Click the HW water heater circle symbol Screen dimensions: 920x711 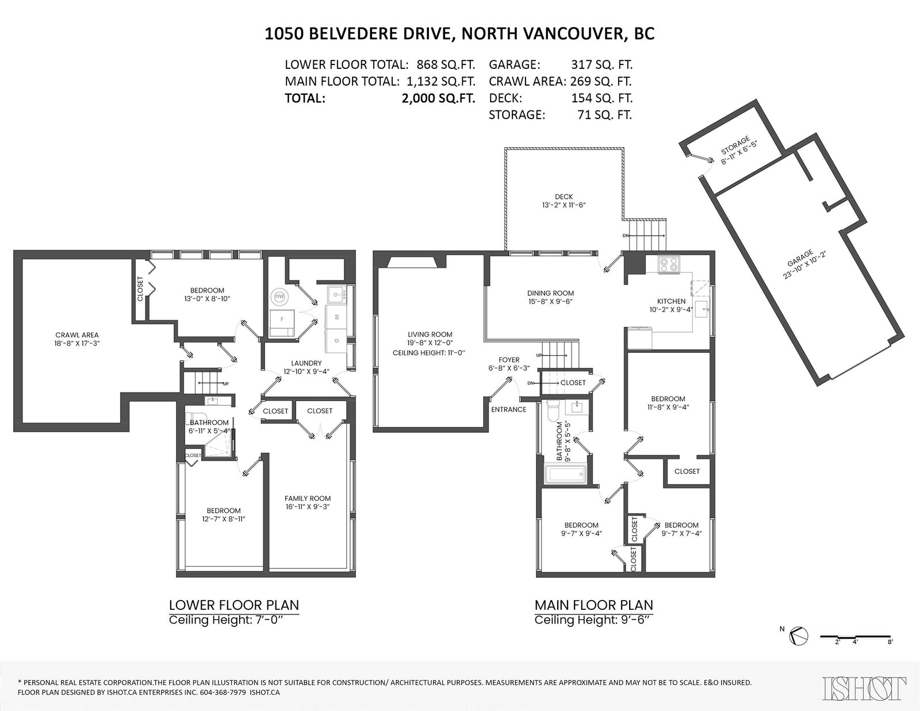tap(279, 297)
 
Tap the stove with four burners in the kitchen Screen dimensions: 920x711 tap(669, 265)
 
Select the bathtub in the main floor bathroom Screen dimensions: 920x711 tap(565, 474)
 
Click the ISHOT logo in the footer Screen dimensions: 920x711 tap(864, 688)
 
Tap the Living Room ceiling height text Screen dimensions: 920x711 tap(429, 352)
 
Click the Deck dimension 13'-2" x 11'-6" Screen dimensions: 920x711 tap(563, 205)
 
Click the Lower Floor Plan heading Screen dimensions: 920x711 tap(233, 605)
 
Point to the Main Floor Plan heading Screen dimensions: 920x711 tap(593, 605)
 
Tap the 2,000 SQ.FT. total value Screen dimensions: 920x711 tap(438, 98)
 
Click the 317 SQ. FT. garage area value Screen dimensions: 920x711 tap(601, 65)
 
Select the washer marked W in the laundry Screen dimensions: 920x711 tap(337, 317)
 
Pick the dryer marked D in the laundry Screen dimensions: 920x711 tap(337, 341)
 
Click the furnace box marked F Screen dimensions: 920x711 tap(282, 324)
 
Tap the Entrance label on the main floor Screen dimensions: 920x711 tap(508, 410)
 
